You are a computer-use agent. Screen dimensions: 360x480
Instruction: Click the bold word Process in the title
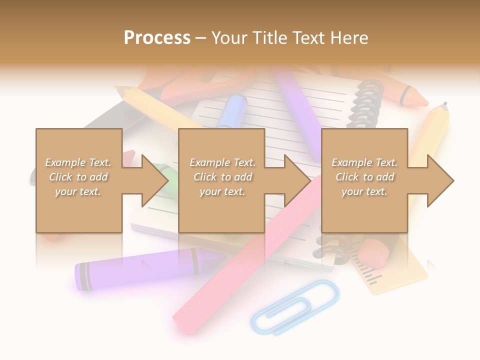157,37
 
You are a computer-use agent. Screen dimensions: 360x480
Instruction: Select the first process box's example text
78,177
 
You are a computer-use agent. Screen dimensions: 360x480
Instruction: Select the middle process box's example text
222,177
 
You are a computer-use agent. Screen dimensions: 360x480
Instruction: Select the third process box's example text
364,177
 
